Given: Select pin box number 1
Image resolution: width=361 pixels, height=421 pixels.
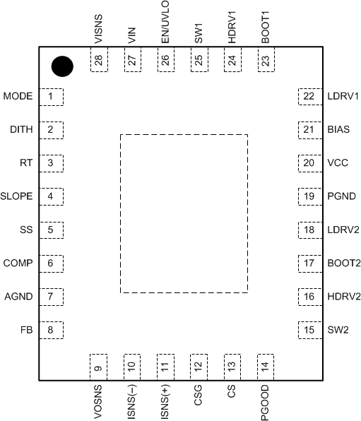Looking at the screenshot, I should pyautogui.click(x=50, y=96).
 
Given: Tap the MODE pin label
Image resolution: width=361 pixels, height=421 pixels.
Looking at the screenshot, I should pyautogui.click(x=18, y=96).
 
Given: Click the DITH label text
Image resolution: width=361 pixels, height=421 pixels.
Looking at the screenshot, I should pyautogui.click(x=20, y=129).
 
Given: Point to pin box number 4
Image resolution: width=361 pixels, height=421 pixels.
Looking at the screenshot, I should pyautogui.click(x=50, y=196).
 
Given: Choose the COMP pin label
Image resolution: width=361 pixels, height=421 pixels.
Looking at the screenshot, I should pyautogui.click(x=18, y=263).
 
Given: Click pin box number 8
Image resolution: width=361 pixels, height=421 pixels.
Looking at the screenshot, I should pyautogui.click(x=50, y=329).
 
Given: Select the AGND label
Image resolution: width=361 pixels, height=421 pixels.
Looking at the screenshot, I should pyautogui.click(x=18, y=297).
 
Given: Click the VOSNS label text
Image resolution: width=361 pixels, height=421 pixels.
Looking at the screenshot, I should pyautogui.click(x=97, y=401).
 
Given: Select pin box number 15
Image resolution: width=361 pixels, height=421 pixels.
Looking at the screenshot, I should pyautogui.click(x=308, y=329).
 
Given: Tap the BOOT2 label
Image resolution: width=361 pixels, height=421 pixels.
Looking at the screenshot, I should pyautogui.click(x=343, y=263).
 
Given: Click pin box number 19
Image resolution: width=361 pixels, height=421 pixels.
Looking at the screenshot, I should pyautogui.click(x=308, y=196).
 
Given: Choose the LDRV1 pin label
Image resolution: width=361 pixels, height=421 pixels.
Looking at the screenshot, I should pyautogui.click(x=343, y=96).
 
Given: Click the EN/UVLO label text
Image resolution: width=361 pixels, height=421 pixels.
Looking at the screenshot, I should pyautogui.click(x=165, y=23).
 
